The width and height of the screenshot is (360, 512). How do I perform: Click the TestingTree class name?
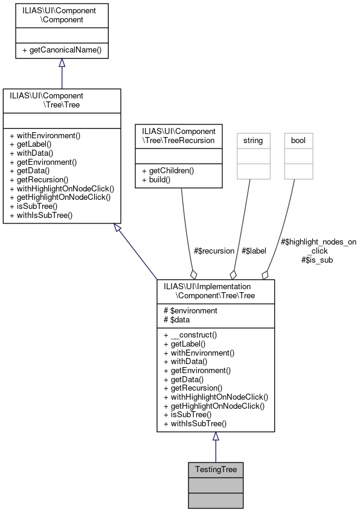216,469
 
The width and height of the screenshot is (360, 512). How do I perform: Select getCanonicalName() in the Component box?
62,50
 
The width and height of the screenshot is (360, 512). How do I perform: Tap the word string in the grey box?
252,140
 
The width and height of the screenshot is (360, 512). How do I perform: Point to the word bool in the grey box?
298,140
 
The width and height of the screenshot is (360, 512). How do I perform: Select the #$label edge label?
254,251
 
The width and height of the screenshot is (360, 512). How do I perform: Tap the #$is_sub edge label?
317,260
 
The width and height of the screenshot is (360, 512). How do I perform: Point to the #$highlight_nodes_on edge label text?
319,242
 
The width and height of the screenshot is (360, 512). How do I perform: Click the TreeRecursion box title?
175,135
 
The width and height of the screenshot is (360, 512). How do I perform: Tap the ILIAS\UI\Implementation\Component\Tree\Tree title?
216,292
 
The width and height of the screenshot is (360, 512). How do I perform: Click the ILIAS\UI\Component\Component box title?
62,15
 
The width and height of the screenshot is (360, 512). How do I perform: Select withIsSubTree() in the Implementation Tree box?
194,424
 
